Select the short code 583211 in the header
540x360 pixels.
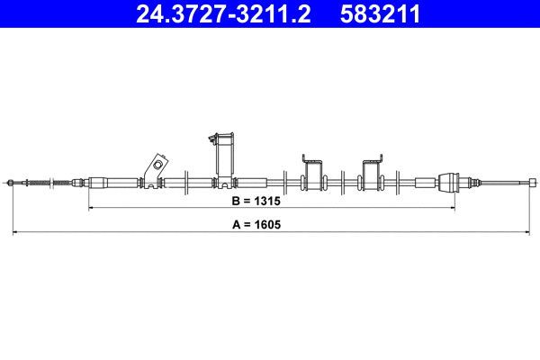pyautogui.click(x=379, y=14)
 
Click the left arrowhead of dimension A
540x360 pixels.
pyautogui.click(x=14, y=234)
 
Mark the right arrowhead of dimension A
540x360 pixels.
pyautogui.click(x=526, y=234)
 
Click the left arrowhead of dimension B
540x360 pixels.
pyautogui.click(x=91, y=209)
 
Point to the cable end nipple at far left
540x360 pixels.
pyautogui.click(x=11, y=183)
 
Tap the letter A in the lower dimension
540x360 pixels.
pyautogui.click(x=237, y=225)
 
